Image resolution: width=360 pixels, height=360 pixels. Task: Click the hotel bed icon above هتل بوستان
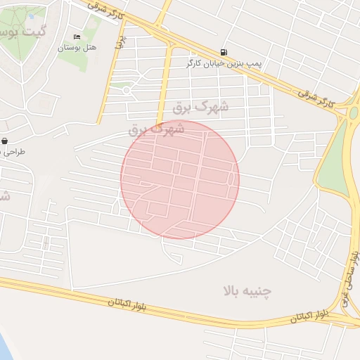(77, 37)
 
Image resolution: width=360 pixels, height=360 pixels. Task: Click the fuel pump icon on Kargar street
(224, 51)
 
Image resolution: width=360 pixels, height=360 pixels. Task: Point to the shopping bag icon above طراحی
(5, 141)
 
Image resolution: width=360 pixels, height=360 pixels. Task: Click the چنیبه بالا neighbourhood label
(247, 290)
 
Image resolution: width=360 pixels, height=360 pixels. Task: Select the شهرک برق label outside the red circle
(201, 107)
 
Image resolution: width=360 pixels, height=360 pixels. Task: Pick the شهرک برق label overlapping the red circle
(157, 129)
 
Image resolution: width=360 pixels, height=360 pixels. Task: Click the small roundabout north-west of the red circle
(127, 89)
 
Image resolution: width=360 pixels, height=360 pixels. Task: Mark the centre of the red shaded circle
(180, 179)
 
